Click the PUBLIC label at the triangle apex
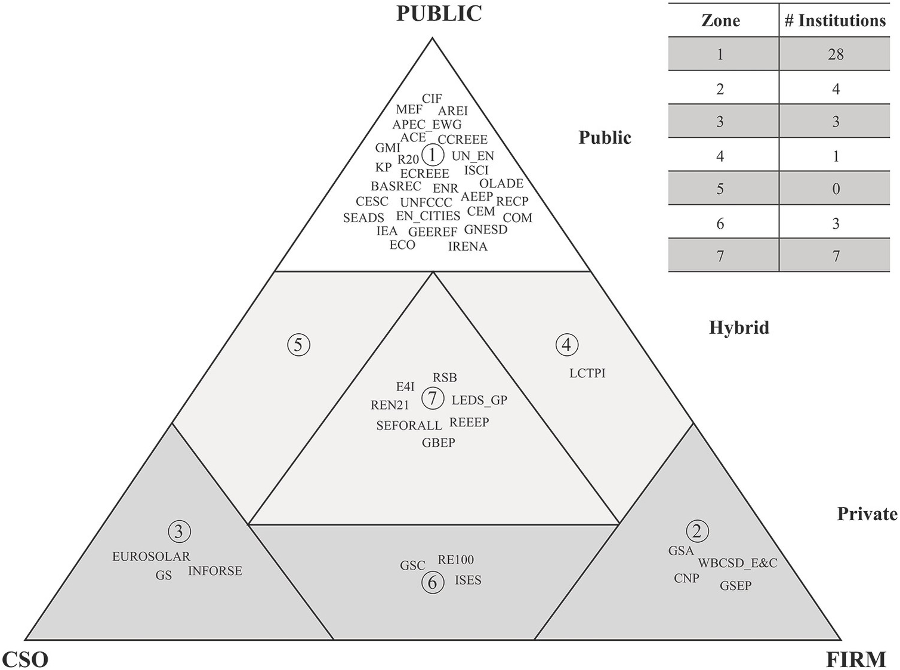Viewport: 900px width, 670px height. tap(439, 14)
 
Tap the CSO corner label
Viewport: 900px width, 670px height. tap(25, 659)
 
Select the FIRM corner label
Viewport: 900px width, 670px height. tap(856, 659)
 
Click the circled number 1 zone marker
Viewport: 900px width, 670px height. tap(432, 155)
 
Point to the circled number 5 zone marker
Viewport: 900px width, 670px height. tap(298, 345)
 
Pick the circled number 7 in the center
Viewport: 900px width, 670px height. tap(433, 398)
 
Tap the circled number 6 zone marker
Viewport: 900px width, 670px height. tap(433, 582)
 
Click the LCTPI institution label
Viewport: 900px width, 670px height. tap(587, 373)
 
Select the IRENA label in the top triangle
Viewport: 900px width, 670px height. tap(467, 247)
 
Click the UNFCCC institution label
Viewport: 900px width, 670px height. tap(426, 202)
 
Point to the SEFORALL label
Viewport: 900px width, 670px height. tap(409, 426)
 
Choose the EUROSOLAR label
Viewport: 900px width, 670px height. tap(151, 557)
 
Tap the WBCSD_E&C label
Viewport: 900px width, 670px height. tap(738, 563)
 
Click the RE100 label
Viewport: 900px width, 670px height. tap(455, 560)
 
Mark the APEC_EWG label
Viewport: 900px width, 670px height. tap(427, 125)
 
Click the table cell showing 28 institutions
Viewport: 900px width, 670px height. tap(836, 54)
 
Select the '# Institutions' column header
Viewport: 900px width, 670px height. tap(835, 21)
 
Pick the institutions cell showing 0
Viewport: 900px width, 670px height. tap(836, 189)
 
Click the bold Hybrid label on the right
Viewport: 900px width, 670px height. tap(739, 327)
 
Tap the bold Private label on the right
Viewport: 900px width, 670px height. tap(867, 514)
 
